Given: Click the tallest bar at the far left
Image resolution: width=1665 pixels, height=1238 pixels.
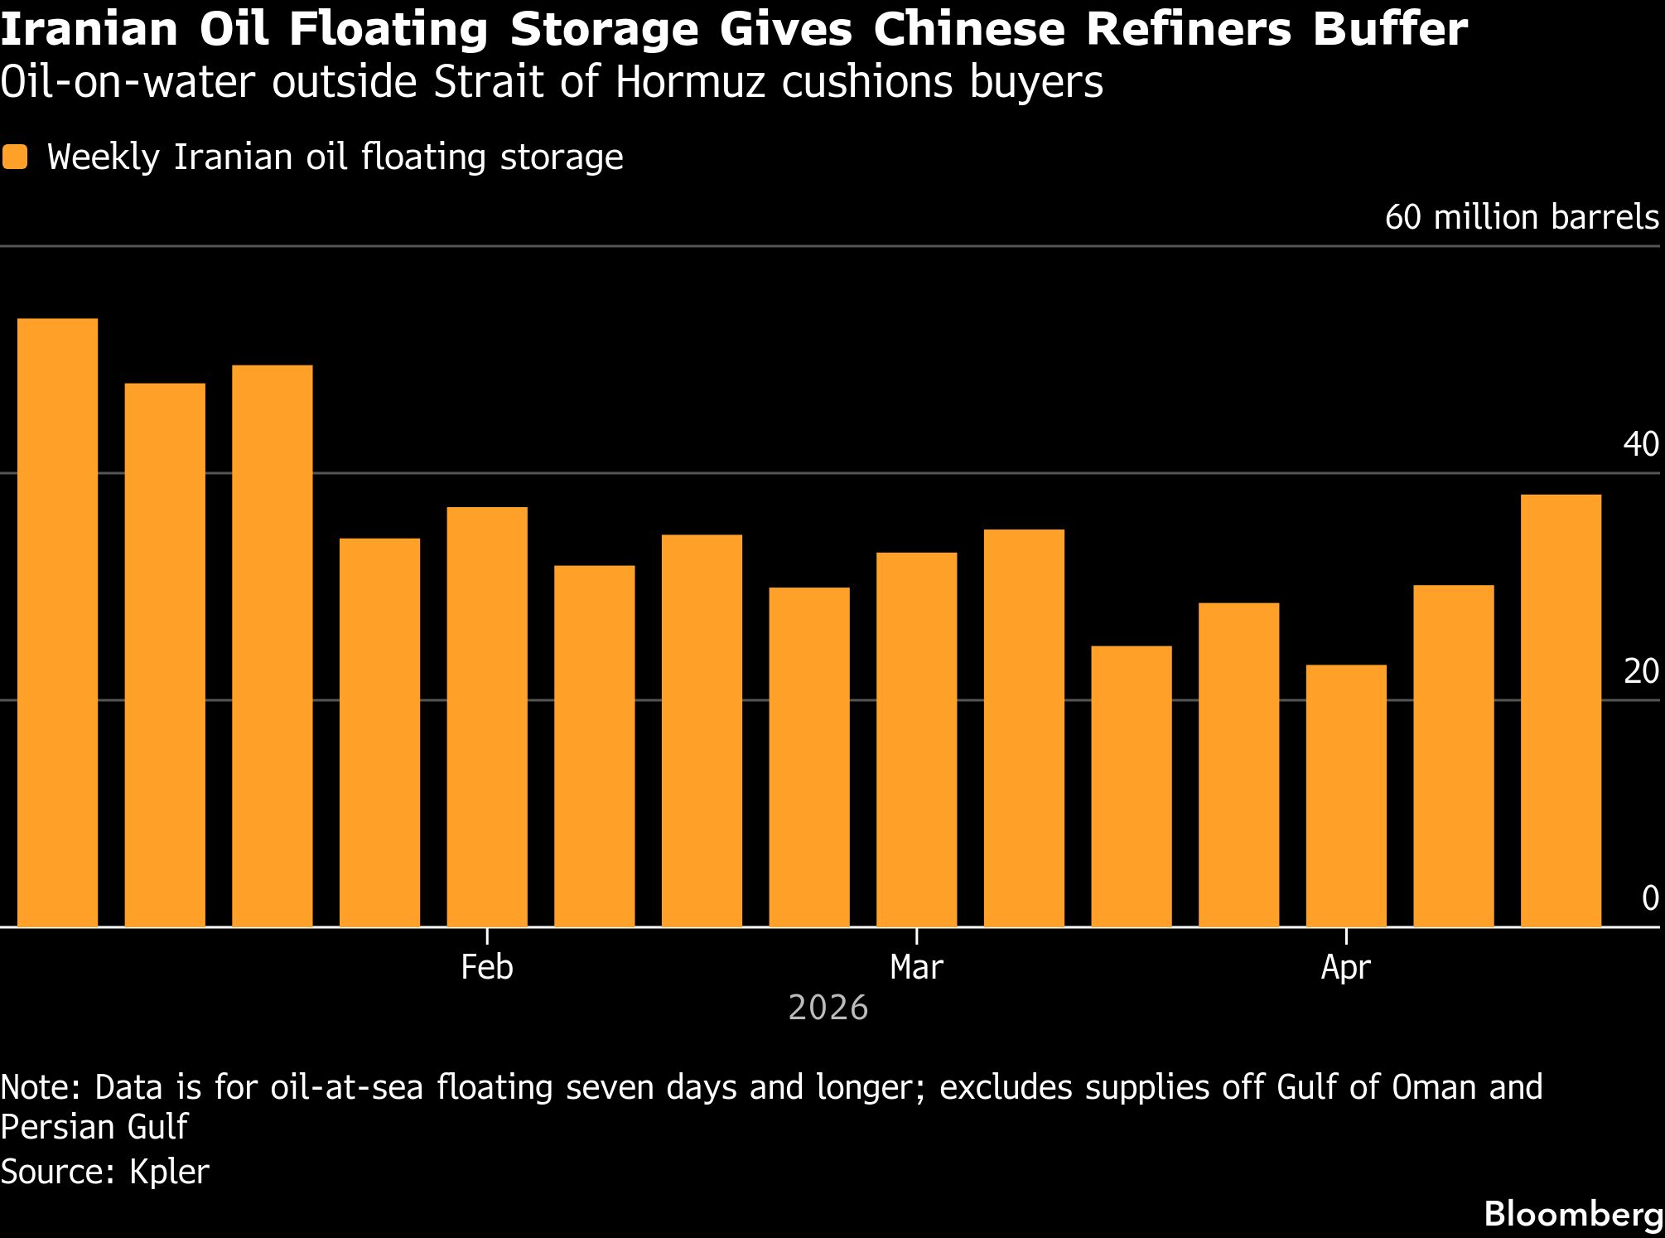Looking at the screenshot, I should click(x=57, y=621).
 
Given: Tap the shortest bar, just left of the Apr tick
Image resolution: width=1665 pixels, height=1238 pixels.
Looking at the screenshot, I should click(x=1346, y=795).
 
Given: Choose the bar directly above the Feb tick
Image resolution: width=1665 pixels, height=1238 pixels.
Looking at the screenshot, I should click(x=487, y=716).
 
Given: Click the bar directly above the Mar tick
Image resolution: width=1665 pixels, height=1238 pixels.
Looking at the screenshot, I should click(x=916, y=738).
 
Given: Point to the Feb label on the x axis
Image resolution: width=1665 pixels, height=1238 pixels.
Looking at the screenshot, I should click(x=487, y=967).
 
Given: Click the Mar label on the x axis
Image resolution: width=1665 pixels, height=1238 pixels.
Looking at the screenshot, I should click(x=916, y=967).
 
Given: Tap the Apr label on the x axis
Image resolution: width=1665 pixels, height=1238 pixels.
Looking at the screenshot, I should click(x=1346, y=967).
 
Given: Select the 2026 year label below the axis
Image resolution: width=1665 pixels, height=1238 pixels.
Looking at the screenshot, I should click(x=828, y=1008).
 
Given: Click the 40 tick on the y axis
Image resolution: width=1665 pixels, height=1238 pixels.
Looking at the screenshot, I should click(x=1641, y=445).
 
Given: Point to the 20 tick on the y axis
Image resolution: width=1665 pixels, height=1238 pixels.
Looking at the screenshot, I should click(x=1641, y=672).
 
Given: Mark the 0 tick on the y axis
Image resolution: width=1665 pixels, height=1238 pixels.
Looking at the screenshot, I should click(x=1650, y=899).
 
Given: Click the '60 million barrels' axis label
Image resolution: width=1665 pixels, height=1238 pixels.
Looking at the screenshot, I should click(x=1522, y=218).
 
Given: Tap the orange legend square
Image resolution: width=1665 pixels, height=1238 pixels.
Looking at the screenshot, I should click(x=15, y=157).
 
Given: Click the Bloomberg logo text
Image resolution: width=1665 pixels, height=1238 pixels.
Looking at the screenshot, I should click(x=1573, y=1215).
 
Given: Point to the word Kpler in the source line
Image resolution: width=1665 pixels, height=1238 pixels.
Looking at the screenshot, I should click(x=169, y=1172).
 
